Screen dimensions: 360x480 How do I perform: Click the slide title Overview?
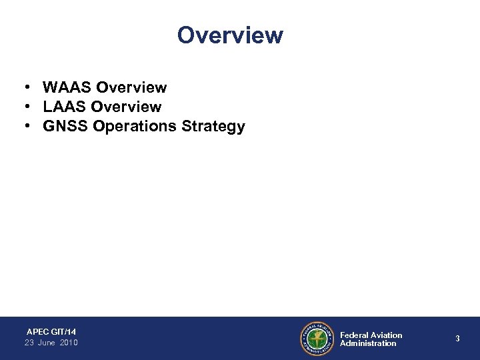pos(230,35)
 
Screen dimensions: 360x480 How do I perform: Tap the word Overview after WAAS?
pos(131,87)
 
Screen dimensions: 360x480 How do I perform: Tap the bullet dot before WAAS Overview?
pos(23,88)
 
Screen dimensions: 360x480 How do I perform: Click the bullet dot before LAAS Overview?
pos(23,107)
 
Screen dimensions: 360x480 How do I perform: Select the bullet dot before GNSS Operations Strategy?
pos(23,127)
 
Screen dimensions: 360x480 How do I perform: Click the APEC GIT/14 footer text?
pos(51,331)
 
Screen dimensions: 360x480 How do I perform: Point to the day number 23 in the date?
pos(29,343)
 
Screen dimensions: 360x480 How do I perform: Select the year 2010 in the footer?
pos(69,343)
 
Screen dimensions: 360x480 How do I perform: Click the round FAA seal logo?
pos(317,339)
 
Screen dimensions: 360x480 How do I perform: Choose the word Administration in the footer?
pos(368,343)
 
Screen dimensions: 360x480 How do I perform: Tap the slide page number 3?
pos(457,339)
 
